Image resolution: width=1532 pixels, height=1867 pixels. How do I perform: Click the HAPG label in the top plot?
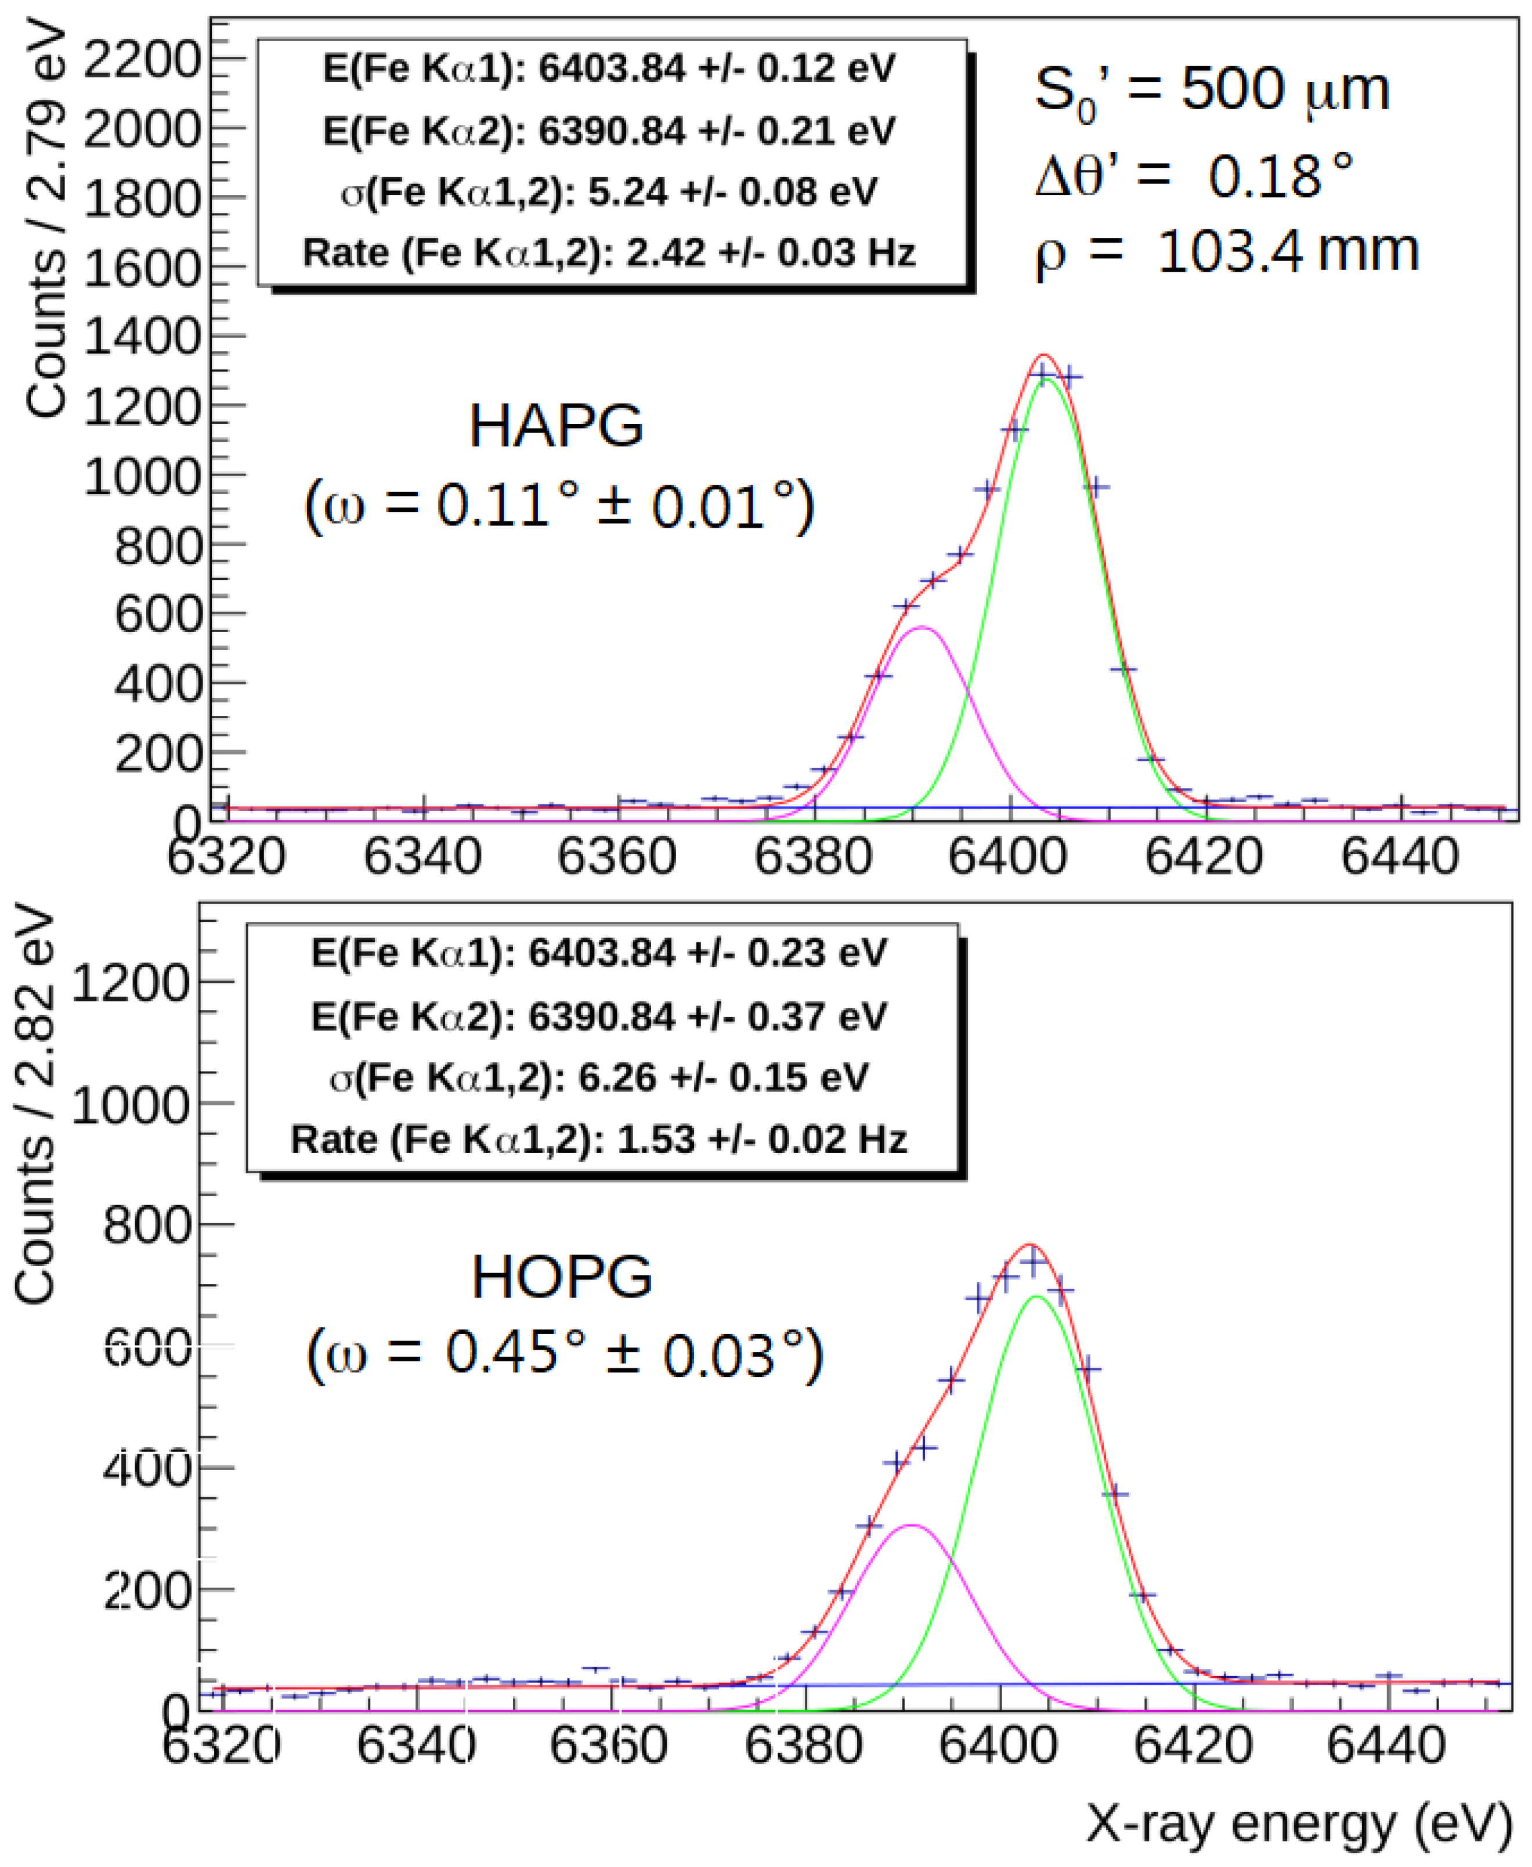pyautogui.click(x=556, y=426)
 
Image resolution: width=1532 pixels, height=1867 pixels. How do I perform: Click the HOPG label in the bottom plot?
pyautogui.click(x=561, y=1277)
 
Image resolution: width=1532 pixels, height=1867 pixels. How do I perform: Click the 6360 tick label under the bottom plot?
pyautogui.click(x=608, y=1745)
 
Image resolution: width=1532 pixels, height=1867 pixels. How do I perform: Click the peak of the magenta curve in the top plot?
pyautogui.click(x=922, y=628)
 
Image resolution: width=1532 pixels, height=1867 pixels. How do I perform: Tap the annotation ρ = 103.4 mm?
pyautogui.click(x=1227, y=253)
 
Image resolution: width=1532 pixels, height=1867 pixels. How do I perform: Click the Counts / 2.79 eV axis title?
pyautogui.click(x=46, y=221)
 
